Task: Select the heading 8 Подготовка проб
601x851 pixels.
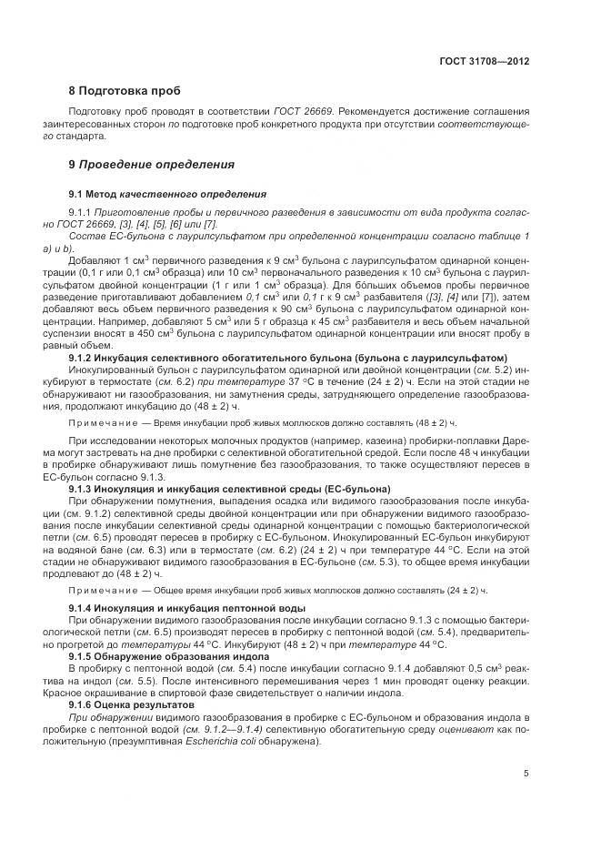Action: [x=125, y=91]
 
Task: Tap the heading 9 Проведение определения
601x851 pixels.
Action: [x=139, y=165]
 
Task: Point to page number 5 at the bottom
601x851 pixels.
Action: [x=526, y=774]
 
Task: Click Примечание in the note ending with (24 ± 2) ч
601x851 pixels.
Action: [x=105, y=591]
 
